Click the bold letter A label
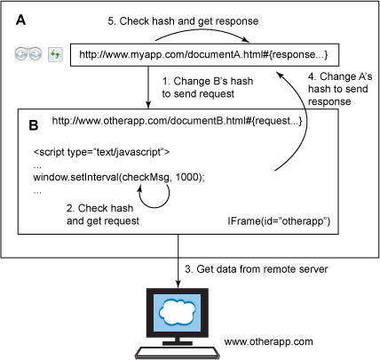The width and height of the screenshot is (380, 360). point(20,20)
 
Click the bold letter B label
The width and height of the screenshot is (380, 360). point(34,125)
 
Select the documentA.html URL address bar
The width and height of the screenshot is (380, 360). point(204,55)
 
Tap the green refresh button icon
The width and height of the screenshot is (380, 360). point(55,54)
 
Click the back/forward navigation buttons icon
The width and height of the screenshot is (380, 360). point(28,54)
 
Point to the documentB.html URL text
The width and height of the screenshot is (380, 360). point(177,121)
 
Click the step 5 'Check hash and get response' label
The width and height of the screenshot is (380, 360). point(183,21)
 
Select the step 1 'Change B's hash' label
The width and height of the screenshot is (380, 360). point(208,87)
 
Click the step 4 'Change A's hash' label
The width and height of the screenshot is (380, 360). point(340,89)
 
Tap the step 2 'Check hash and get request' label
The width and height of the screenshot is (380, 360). point(103,214)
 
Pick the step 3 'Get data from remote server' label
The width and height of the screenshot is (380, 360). point(257,269)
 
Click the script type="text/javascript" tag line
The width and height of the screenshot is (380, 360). point(102,152)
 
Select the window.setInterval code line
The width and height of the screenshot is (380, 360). point(119,177)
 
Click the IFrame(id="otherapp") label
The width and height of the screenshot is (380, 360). point(279,221)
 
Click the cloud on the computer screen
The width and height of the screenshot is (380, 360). point(178,312)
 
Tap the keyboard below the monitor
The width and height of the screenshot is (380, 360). point(178,353)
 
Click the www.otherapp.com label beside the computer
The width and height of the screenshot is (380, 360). point(268,341)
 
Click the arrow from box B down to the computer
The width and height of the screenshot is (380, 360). point(178,261)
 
